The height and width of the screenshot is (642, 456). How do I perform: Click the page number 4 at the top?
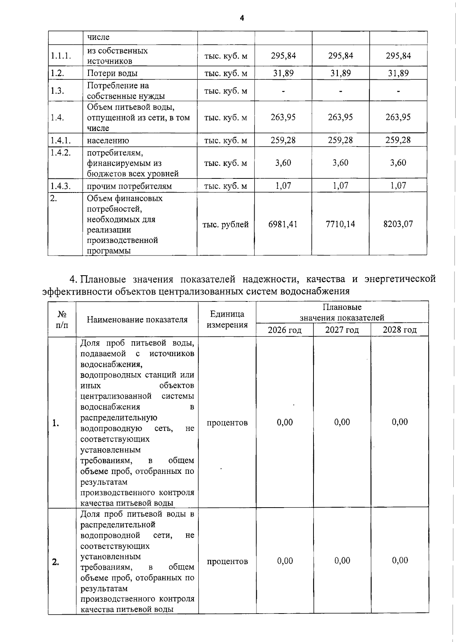pos(242,18)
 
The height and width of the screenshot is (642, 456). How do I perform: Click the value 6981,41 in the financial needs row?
pos(283,224)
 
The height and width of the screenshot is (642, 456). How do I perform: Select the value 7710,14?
pos(340,224)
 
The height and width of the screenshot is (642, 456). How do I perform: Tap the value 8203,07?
pos(398,224)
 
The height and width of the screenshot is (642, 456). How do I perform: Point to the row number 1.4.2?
pos(60,153)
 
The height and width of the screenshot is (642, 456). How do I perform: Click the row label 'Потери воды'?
pos(112,73)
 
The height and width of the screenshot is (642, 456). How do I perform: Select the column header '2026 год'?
pos(285,330)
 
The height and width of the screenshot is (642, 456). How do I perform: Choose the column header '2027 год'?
pos(342,330)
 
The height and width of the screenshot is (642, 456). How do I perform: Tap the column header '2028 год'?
pos(399,330)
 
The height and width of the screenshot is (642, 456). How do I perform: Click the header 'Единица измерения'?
pos(227,319)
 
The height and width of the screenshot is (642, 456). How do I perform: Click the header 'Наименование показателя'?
pos(137,320)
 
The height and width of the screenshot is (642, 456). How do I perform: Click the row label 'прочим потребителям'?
pos(129,186)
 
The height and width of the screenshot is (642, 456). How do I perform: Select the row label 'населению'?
pos(108,140)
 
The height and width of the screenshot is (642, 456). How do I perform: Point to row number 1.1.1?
pos(61,56)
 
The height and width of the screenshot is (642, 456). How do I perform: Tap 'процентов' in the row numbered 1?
pos(227,423)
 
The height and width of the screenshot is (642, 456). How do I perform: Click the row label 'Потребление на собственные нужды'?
pos(126,91)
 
